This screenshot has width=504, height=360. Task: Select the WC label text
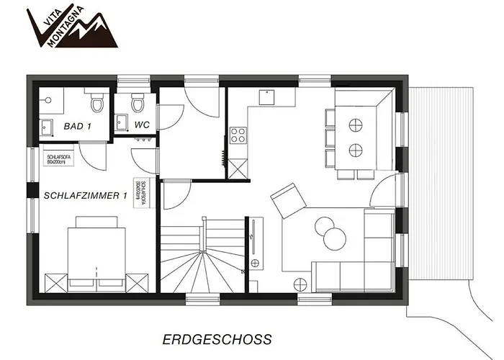pos(142,125)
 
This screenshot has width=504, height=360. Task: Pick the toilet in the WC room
pos(138,102)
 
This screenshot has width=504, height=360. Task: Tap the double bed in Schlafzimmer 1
pos(94,256)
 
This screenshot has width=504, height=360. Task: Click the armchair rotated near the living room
pos(287,199)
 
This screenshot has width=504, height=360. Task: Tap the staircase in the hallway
pos(202,256)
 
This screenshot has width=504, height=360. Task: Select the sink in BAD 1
pos(48,125)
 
